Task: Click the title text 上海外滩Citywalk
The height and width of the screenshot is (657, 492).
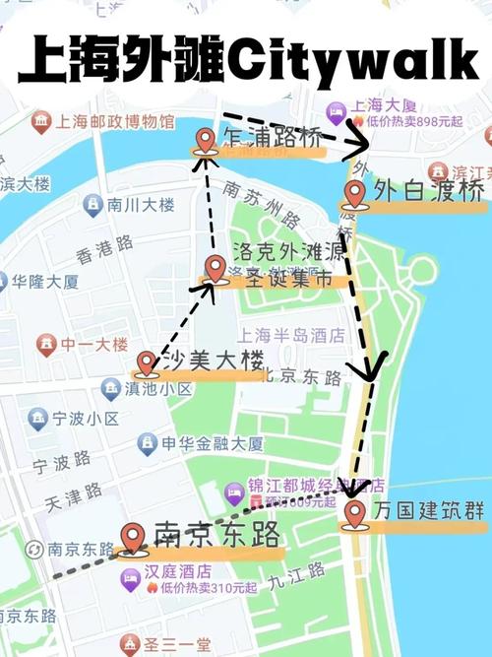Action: click(246, 61)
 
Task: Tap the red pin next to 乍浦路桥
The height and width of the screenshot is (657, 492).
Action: click(206, 142)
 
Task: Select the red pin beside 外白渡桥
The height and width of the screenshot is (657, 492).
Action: click(355, 193)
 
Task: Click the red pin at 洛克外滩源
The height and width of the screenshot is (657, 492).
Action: click(216, 268)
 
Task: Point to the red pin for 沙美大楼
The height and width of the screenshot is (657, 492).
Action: click(148, 363)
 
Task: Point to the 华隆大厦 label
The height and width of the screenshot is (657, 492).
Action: click(44, 281)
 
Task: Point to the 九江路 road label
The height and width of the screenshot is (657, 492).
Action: click(301, 570)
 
